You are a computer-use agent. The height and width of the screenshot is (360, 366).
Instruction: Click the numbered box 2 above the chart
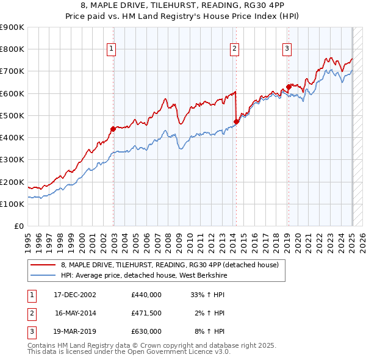235,50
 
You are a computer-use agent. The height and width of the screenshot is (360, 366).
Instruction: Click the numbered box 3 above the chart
287,50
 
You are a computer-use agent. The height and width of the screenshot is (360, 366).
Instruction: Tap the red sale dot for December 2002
113,129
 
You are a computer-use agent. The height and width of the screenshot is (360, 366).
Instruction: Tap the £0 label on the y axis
19,226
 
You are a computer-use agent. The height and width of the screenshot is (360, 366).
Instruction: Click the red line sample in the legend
43,265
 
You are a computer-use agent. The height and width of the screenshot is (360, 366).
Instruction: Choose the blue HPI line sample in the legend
43,275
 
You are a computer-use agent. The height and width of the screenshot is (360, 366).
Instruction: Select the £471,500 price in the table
146,313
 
